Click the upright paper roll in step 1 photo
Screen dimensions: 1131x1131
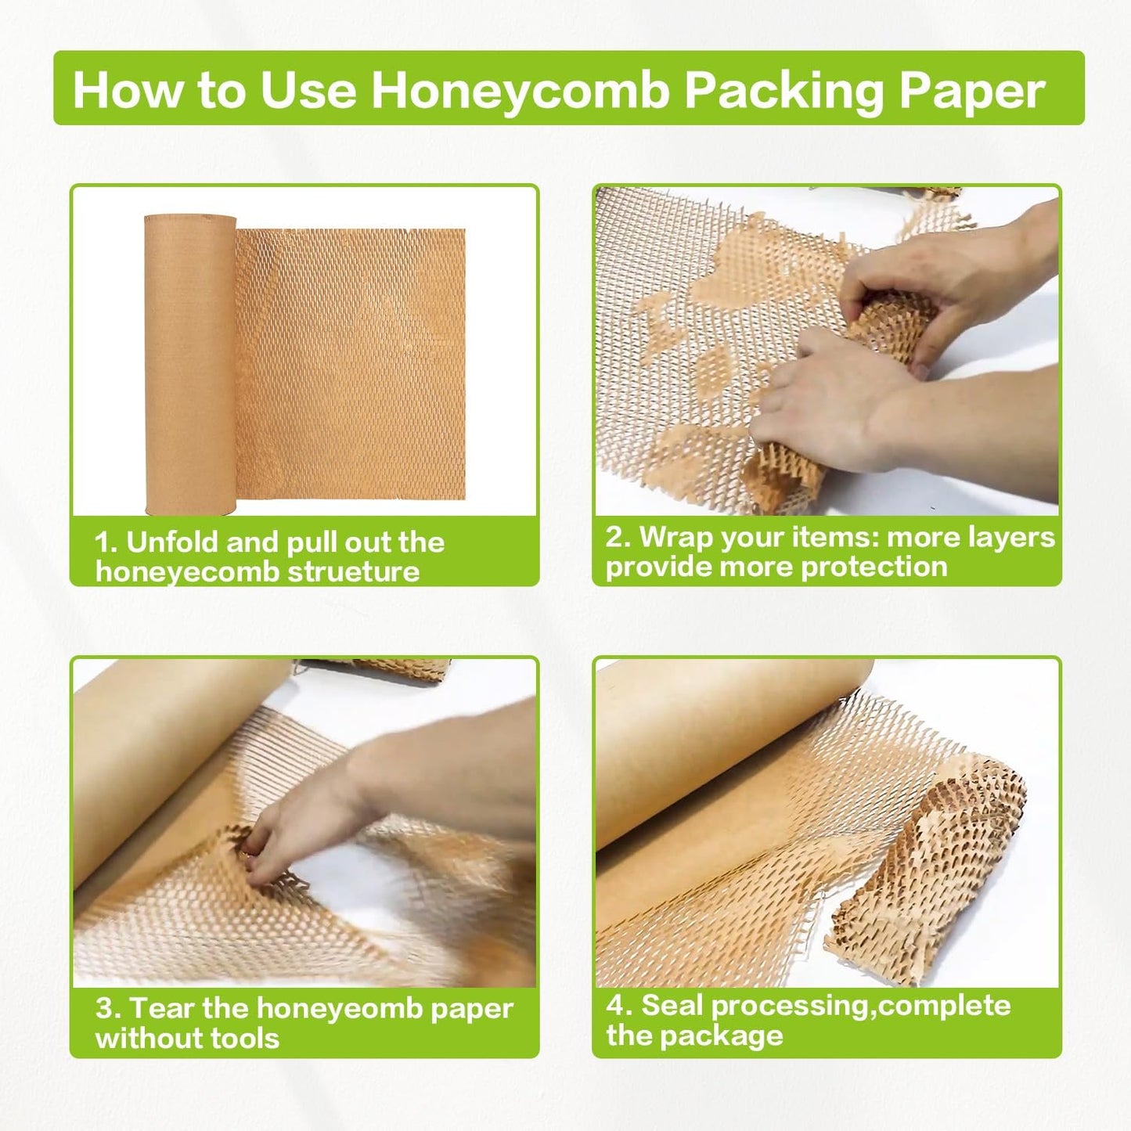[x=189, y=364]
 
